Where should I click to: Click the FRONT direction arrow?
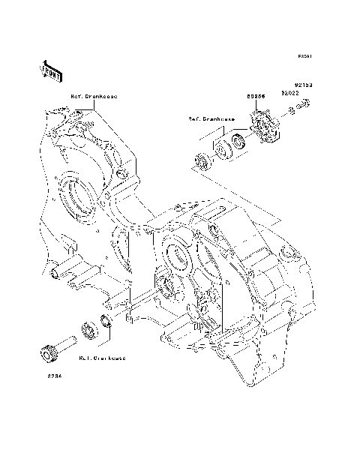[x=50, y=70]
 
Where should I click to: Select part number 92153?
[x=302, y=85]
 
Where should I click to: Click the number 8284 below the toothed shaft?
[x=55, y=375]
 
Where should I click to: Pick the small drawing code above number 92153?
[x=303, y=56]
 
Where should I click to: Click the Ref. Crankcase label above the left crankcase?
[x=93, y=97]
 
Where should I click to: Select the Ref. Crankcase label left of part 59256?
[x=212, y=118]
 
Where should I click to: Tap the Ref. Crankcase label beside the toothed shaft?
[x=102, y=358]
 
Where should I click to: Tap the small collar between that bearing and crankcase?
[x=107, y=322]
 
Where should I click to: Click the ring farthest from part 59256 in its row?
[x=202, y=159]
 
